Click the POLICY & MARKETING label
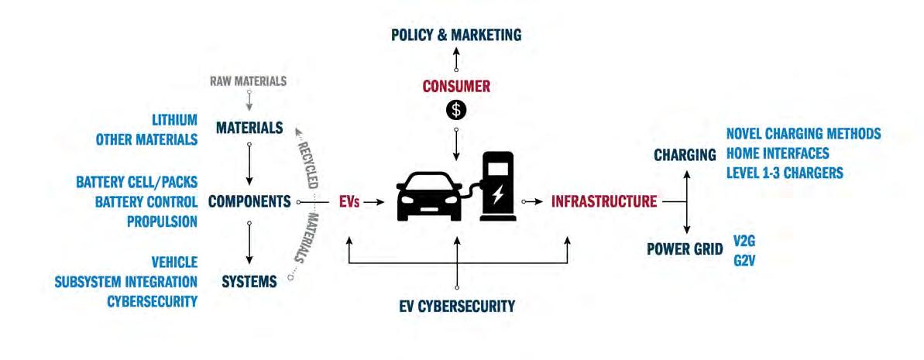click(x=456, y=35)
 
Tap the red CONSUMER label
click(x=456, y=86)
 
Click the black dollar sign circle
click(x=456, y=110)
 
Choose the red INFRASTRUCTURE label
click(x=604, y=202)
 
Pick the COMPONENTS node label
click(x=249, y=201)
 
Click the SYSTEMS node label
click(x=249, y=281)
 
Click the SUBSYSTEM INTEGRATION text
click(x=125, y=281)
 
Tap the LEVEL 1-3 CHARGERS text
click(x=785, y=172)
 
